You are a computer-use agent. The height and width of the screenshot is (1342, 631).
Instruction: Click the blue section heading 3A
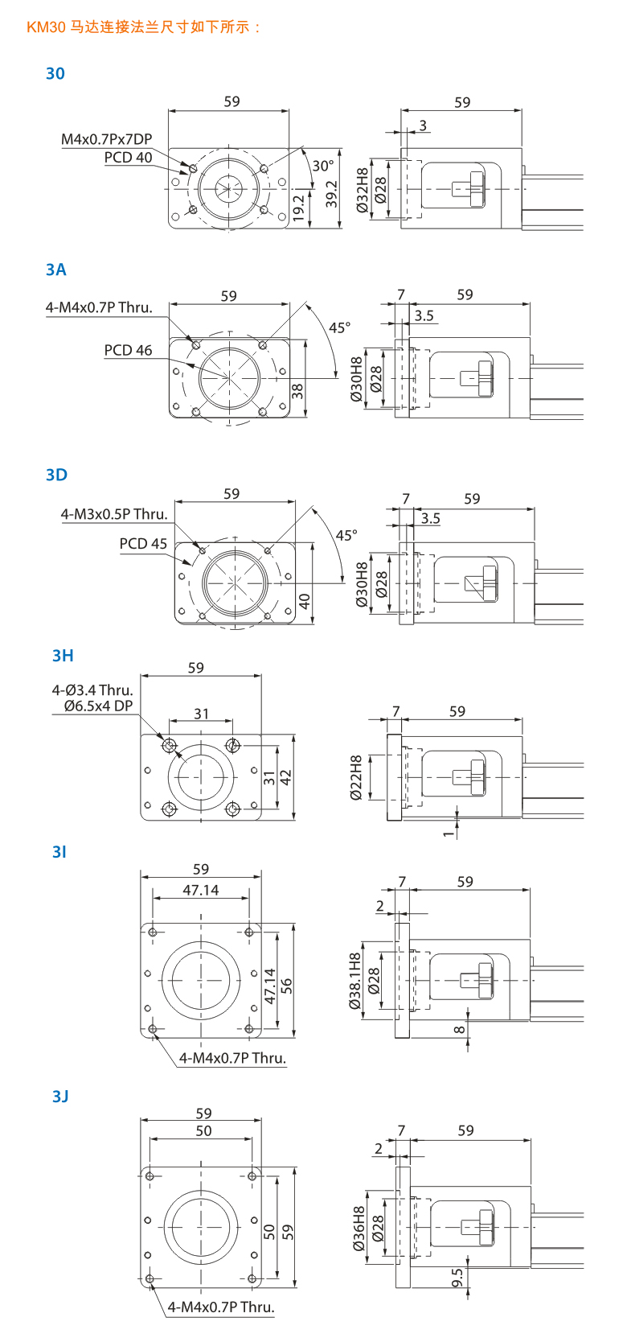(55, 270)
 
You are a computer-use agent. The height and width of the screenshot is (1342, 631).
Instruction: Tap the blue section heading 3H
(62, 656)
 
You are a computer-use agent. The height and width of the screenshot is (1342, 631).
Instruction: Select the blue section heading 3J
(60, 1097)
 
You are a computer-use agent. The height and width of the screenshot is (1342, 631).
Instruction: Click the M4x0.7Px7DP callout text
(107, 139)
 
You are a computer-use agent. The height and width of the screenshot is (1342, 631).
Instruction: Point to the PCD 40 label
(128, 158)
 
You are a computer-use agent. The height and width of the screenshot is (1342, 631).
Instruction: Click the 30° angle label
(323, 166)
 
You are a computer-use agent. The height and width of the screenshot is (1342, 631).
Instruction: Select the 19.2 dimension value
(298, 208)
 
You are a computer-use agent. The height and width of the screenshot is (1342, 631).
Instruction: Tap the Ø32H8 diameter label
(363, 190)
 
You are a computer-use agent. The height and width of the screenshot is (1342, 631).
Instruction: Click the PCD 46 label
(128, 351)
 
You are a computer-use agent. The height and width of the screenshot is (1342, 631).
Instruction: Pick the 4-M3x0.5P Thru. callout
(114, 514)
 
